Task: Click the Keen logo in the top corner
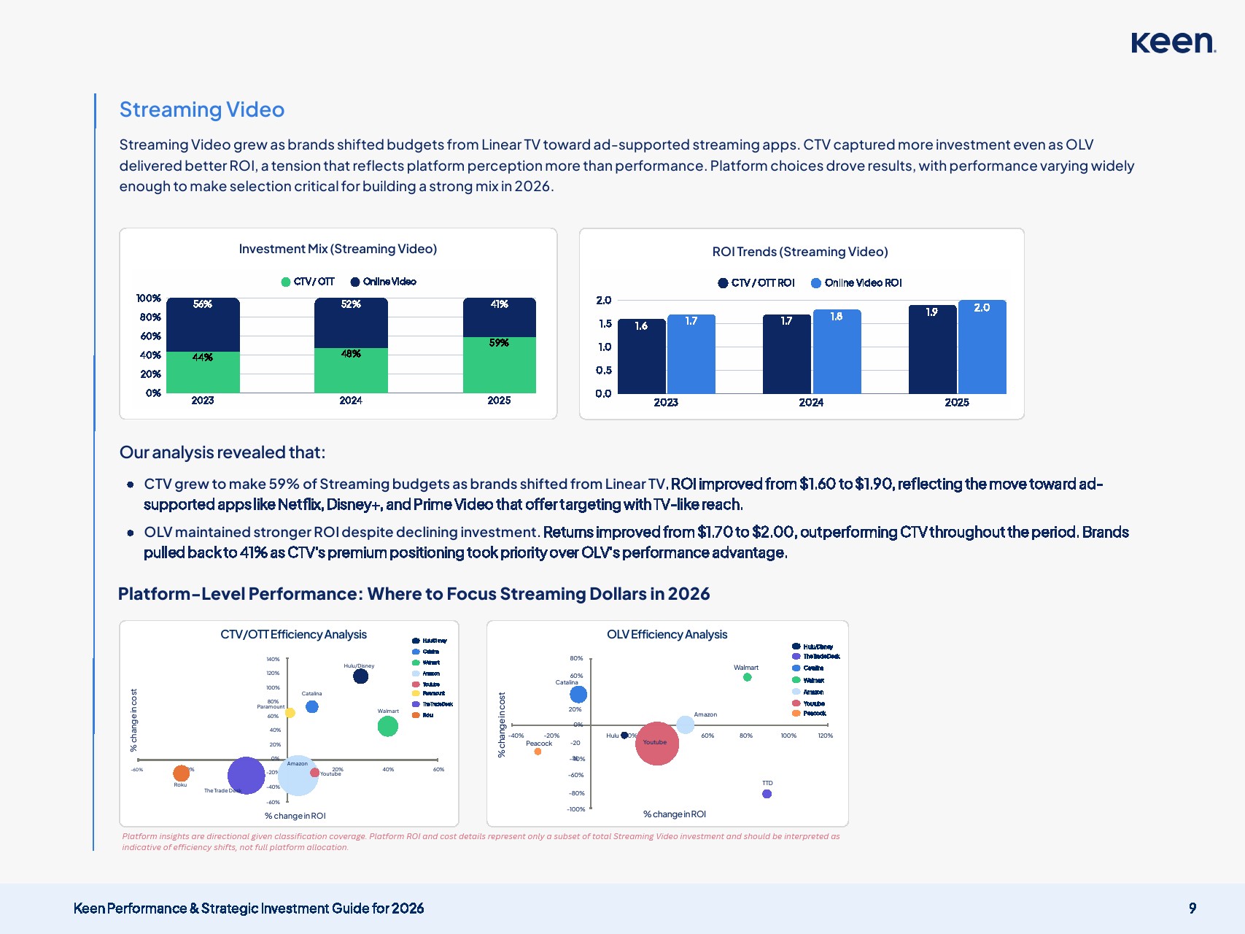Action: tap(1173, 42)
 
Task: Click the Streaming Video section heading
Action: tap(202, 109)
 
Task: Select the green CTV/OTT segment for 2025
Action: tap(499, 365)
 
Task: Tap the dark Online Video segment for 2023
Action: tap(203, 325)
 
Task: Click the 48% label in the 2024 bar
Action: tap(351, 354)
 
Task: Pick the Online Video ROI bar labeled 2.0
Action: tap(982, 347)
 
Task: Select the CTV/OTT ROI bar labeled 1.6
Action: tap(641, 356)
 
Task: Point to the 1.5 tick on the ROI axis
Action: tap(604, 323)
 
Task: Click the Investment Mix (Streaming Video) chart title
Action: tap(338, 249)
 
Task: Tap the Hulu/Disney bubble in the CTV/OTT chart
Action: tap(360, 676)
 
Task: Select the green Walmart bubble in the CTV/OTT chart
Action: tap(387, 726)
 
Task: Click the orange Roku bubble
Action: tap(181, 773)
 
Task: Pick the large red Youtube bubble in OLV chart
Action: tap(656, 744)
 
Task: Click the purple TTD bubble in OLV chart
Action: tap(767, 794)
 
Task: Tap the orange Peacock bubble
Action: tap(538, 752)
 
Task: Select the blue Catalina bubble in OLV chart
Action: tap(578, 694)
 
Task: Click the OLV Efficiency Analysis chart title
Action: tap(667, 635)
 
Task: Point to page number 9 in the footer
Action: tap(1192, 908)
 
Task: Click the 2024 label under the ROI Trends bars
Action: tap(811, 403)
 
